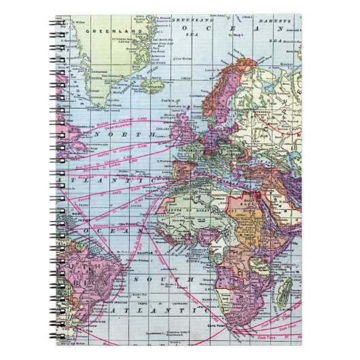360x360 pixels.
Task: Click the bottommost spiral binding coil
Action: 58,339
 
